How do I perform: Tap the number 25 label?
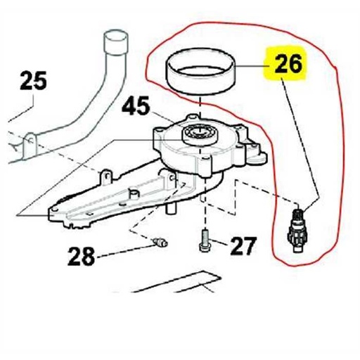click(x=34, y=82)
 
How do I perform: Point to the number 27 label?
click(x=243, y=247)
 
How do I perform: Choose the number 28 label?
click(x=82, y=257)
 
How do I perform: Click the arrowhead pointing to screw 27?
click(x=214, y=245)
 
